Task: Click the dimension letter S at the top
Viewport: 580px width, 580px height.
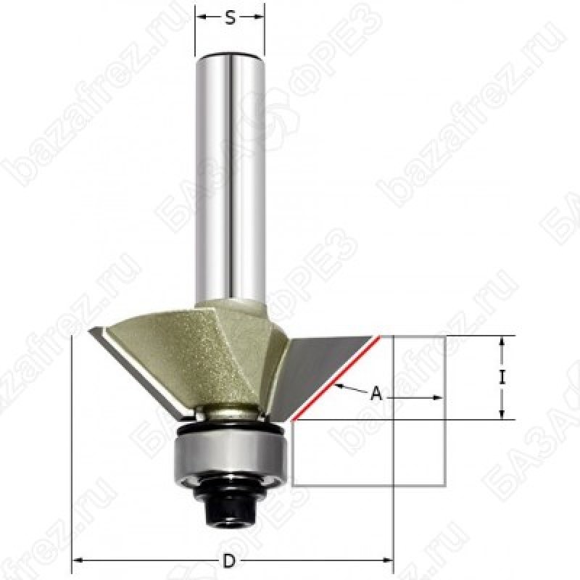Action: (230, 17)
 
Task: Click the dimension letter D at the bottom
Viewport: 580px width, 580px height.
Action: (229, 560)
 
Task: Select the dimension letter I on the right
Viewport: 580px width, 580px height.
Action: (502, 378)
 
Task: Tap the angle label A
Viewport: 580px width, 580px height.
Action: (376, 393)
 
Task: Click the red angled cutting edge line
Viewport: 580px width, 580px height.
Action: (336, 378)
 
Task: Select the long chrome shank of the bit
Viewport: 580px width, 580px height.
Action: (230, 178)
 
